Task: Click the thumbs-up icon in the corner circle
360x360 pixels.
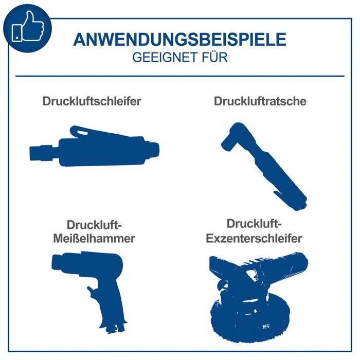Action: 27,26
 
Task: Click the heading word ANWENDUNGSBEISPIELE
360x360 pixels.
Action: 179,40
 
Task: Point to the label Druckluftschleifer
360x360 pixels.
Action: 92,101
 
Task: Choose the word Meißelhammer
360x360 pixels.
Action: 94,239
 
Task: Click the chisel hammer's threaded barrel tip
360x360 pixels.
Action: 57,264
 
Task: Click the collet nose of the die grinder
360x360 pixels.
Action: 39,153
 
